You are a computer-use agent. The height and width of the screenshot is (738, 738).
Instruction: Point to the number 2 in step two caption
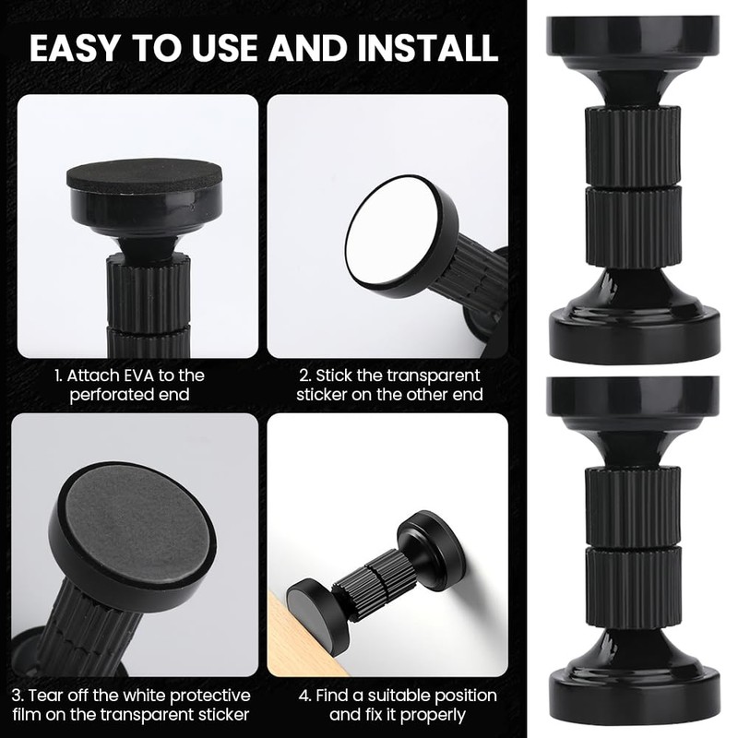pos(304,376)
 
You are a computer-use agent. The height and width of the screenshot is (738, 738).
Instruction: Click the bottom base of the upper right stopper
pos(634,332)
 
